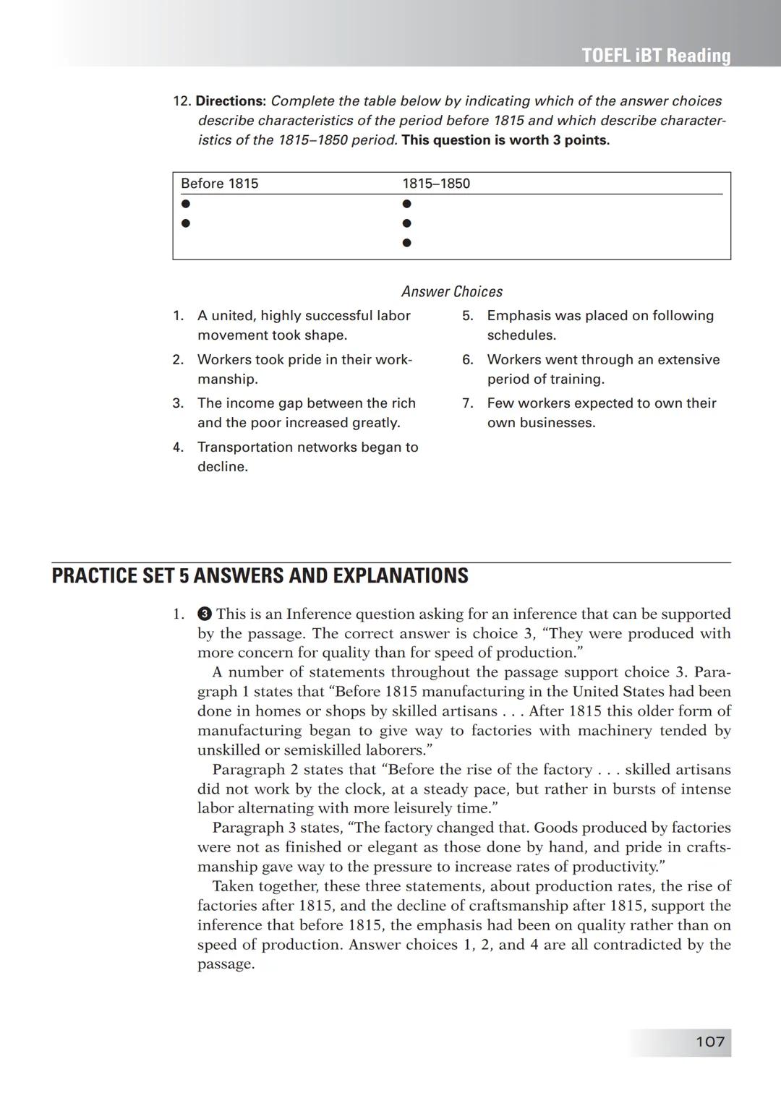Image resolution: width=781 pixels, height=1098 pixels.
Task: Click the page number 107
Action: tap(709, 1042)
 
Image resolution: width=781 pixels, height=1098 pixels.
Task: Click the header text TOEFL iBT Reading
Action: tap(656, 56)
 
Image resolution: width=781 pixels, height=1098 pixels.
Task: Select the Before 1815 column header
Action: tap(219, 184)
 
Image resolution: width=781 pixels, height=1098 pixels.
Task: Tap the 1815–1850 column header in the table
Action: tap(436, 184)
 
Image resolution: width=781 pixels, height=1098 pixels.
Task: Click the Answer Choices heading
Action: tap(452, 291)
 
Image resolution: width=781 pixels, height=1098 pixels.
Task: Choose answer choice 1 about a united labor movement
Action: tap(304, 325)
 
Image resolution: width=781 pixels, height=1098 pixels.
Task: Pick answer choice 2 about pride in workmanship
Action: tap(304, 369)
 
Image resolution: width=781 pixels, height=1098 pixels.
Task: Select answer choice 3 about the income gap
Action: tap(306, 413)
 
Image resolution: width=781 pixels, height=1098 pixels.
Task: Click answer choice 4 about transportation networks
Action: tap(307, 457)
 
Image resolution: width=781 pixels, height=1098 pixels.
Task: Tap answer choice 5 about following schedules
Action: tap(599, 325)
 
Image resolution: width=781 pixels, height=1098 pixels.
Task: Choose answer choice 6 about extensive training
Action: tap(602, 369)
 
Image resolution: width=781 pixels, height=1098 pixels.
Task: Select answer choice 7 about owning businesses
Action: tap(601, 413)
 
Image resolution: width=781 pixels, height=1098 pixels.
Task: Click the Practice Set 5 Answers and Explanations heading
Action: tap(260, 576)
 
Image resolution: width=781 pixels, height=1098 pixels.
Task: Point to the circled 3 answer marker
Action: tap(204, 614)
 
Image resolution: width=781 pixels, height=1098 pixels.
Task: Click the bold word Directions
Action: tap(231, 101)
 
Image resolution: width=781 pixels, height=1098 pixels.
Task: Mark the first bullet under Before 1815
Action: tap(186, 204)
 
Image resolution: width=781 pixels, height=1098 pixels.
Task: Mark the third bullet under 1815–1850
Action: tap(406, 243)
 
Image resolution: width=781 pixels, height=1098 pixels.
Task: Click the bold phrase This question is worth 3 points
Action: tap(505, 140)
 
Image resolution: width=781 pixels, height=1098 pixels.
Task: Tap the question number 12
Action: tap(182, 101)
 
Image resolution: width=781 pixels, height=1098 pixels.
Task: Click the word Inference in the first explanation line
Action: tap(319, 614)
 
